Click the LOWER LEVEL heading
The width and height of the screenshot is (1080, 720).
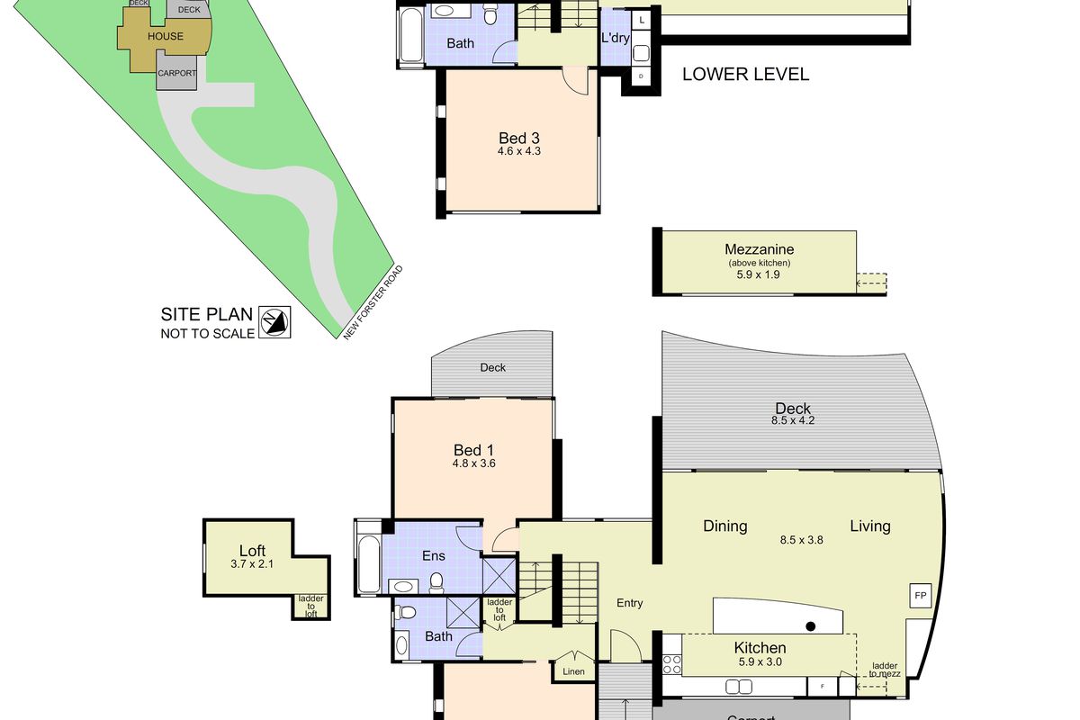[745, 75]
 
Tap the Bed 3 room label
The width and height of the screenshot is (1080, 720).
[518, 139]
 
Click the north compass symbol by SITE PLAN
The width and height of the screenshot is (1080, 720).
[274, 321]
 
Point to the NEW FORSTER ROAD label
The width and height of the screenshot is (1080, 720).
[373, 302]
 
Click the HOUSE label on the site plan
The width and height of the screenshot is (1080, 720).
[165, 37]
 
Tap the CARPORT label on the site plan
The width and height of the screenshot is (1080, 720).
[176, 74]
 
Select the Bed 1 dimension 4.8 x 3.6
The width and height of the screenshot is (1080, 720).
[474, 464]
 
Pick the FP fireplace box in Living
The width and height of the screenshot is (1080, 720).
[920, 596]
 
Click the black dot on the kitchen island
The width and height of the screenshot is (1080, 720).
[811, 626]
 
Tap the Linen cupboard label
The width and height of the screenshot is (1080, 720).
[573, 671]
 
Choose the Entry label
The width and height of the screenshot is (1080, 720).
[630, 603]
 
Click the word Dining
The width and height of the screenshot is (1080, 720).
[725, 526]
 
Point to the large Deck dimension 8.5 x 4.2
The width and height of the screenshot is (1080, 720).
[793, 420]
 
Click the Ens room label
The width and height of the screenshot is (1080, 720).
[434, 556]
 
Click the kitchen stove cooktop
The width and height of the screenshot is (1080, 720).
[671, 664]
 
